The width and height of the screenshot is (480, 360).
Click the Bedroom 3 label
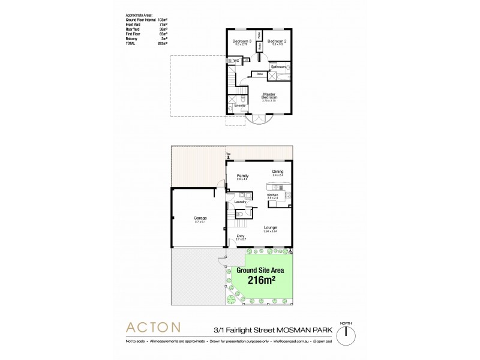(241, 41)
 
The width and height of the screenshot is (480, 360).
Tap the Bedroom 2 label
(276, 41)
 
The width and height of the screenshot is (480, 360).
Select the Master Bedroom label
(269, 96)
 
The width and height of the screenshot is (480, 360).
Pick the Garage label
(200, 218)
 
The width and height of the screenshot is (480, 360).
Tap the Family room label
(242, 175)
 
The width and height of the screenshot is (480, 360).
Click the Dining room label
(278, 172)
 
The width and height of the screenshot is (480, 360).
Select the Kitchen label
(273, 195)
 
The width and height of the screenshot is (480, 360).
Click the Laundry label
(241, 202)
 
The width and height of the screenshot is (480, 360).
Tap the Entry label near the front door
(241, 236)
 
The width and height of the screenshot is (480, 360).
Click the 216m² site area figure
(260, 280)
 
